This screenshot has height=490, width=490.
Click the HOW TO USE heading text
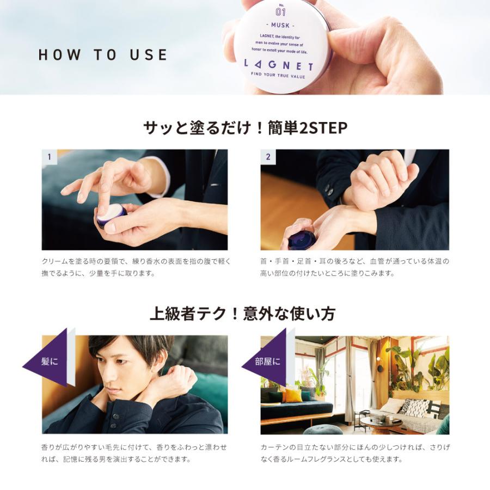pyautogui.click(x=102, y=55)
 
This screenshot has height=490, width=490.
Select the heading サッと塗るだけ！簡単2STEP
pyautogui.click(x=245, y=128)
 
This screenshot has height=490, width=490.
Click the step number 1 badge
pyautogui.click(x=49, y=157)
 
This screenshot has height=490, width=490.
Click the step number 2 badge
pyautogui.click(x=268, y=157)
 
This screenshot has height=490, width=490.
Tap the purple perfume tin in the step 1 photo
pyautogui.click(x=112, y=216)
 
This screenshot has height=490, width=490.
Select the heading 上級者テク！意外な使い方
pyautogui.click(x=242, y=314)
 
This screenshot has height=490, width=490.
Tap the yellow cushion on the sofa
pyautogui.click(x=294, y=395)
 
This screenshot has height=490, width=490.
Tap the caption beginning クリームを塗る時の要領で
pyautogui.click(x=136, y=267)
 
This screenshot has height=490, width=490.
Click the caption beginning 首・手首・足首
pyautogui.click(x=354, y=267)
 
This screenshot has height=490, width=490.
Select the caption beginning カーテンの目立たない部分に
pyautogui.click(x=354, y=453)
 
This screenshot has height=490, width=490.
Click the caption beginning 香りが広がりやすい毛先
pyautogui.click(x=134, y=453)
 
